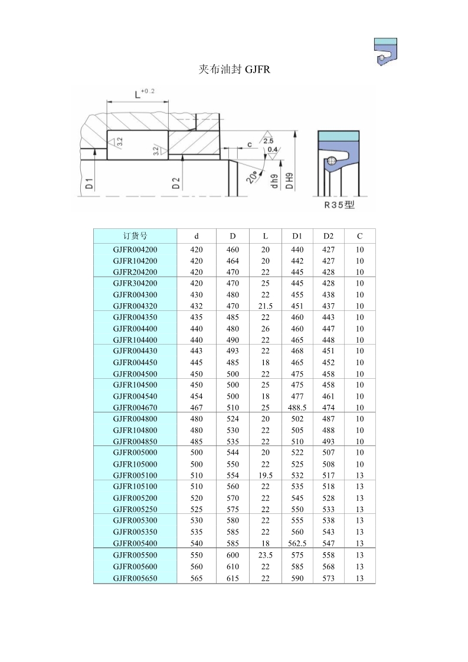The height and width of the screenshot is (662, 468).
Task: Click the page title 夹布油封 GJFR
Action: click(x=234, y=70)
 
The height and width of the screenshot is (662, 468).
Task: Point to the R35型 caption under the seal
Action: click(x=339, y=205)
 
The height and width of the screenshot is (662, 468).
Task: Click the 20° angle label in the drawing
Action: click(x=253, y=176)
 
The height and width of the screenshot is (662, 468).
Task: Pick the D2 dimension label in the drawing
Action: click(x=176, y=183)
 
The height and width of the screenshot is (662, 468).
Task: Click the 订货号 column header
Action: click(x=135, y=236)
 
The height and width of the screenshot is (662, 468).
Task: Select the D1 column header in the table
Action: click(x=297, y=236)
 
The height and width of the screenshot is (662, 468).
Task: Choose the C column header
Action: click(x=359, y=236)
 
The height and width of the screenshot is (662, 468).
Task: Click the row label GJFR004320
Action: click(x=135, y=306)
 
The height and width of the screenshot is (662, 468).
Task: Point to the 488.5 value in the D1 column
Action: click(x=297, y=408)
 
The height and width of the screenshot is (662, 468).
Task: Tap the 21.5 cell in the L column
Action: click(x=265, y=306)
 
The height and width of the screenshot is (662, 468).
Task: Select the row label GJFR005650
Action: click(x=135, y=578)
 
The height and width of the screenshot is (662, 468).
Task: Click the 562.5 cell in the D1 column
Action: click(x=297, y=543)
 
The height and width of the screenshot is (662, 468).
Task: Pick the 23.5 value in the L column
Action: click(x=265, y=555)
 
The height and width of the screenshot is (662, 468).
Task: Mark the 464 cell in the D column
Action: click(x=233, y=261)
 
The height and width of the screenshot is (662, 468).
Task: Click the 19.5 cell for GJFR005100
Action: click(x=265, y=476)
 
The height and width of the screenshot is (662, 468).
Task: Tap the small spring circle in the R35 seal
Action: click(x=332, y=160)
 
